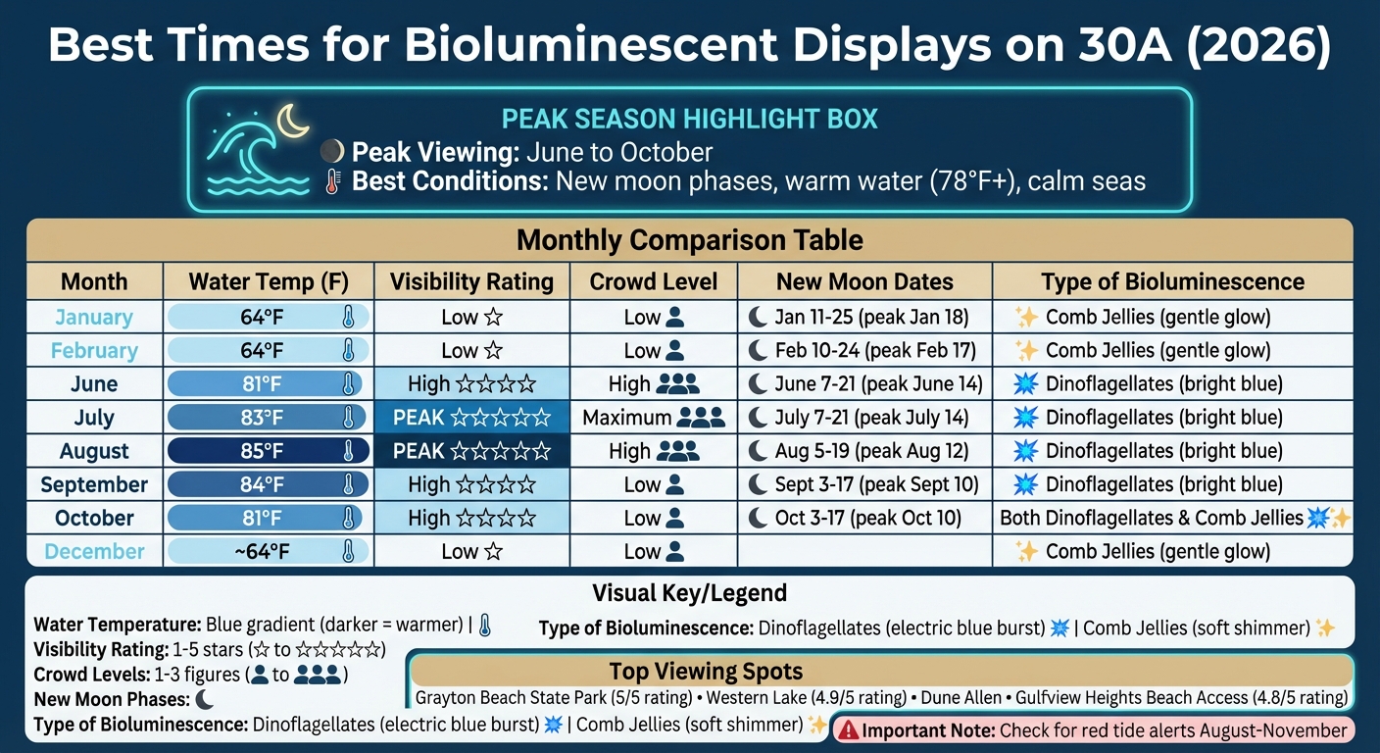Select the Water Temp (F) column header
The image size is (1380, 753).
pos(268,282)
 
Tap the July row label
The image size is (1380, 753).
pos(94,418)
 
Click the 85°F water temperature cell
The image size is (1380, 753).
pos(268,451)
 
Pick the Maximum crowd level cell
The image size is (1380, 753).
pos(654,418)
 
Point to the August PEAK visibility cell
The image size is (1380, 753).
pos(471,451)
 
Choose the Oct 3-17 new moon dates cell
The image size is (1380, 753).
pos(864,518)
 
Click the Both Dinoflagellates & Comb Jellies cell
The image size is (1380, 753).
pos(1173,518)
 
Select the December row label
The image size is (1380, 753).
pos(94,551)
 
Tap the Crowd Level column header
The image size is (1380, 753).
pos(654,282)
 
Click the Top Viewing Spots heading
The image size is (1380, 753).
pos(706,672)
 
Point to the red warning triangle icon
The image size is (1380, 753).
pos(848,730)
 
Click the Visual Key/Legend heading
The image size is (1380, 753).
pos(689,593)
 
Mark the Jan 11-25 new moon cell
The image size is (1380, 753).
pos(864,318)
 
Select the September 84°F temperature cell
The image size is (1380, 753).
pos(268,484)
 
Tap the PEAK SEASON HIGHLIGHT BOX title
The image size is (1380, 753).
pos(689,120)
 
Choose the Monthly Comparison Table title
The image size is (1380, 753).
pos(689,240)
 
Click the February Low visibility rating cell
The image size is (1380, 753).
pos(471,351)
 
